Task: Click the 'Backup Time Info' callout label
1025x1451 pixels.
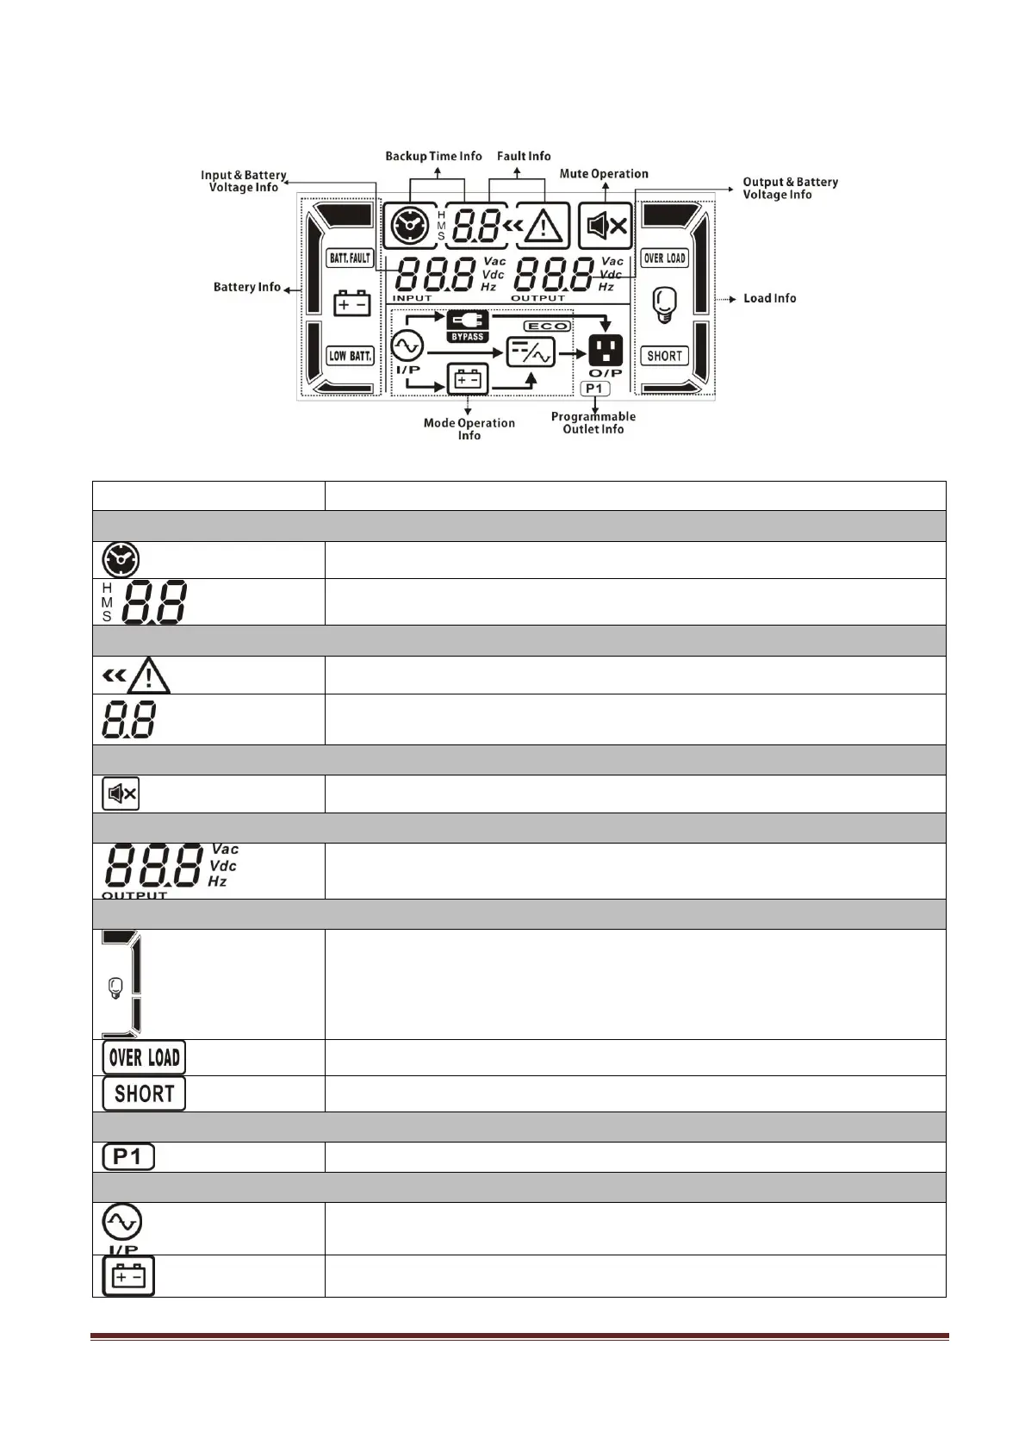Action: pos(433,156)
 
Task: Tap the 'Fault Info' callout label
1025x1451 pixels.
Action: pos(524,156)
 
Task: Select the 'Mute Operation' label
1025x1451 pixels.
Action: pos(604,174)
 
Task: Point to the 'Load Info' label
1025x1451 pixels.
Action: pos(769,298)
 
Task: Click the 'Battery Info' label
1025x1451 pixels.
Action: pos(247,287)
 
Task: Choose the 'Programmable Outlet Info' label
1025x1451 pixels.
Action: pos(593,423)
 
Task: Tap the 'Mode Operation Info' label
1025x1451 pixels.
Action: pos(469,429)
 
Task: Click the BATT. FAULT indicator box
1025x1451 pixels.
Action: pos(350,258)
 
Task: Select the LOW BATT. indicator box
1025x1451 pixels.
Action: pos(350,355)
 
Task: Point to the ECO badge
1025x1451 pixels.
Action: pos(547,326)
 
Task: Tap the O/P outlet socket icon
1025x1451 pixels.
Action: pos(606,350)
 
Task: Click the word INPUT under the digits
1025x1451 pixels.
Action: pos(413,298)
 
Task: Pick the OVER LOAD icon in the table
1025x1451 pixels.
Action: pos(144,1057)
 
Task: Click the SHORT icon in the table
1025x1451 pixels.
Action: pos(144,1093)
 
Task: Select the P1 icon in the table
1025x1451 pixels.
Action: pos(128,1156)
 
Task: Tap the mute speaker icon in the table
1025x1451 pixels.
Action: pos(121,794)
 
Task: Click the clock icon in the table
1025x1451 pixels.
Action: pos(121,560)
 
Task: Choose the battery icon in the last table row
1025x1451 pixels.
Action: pos(128,1276)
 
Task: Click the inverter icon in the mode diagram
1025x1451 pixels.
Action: pos(531,352)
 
